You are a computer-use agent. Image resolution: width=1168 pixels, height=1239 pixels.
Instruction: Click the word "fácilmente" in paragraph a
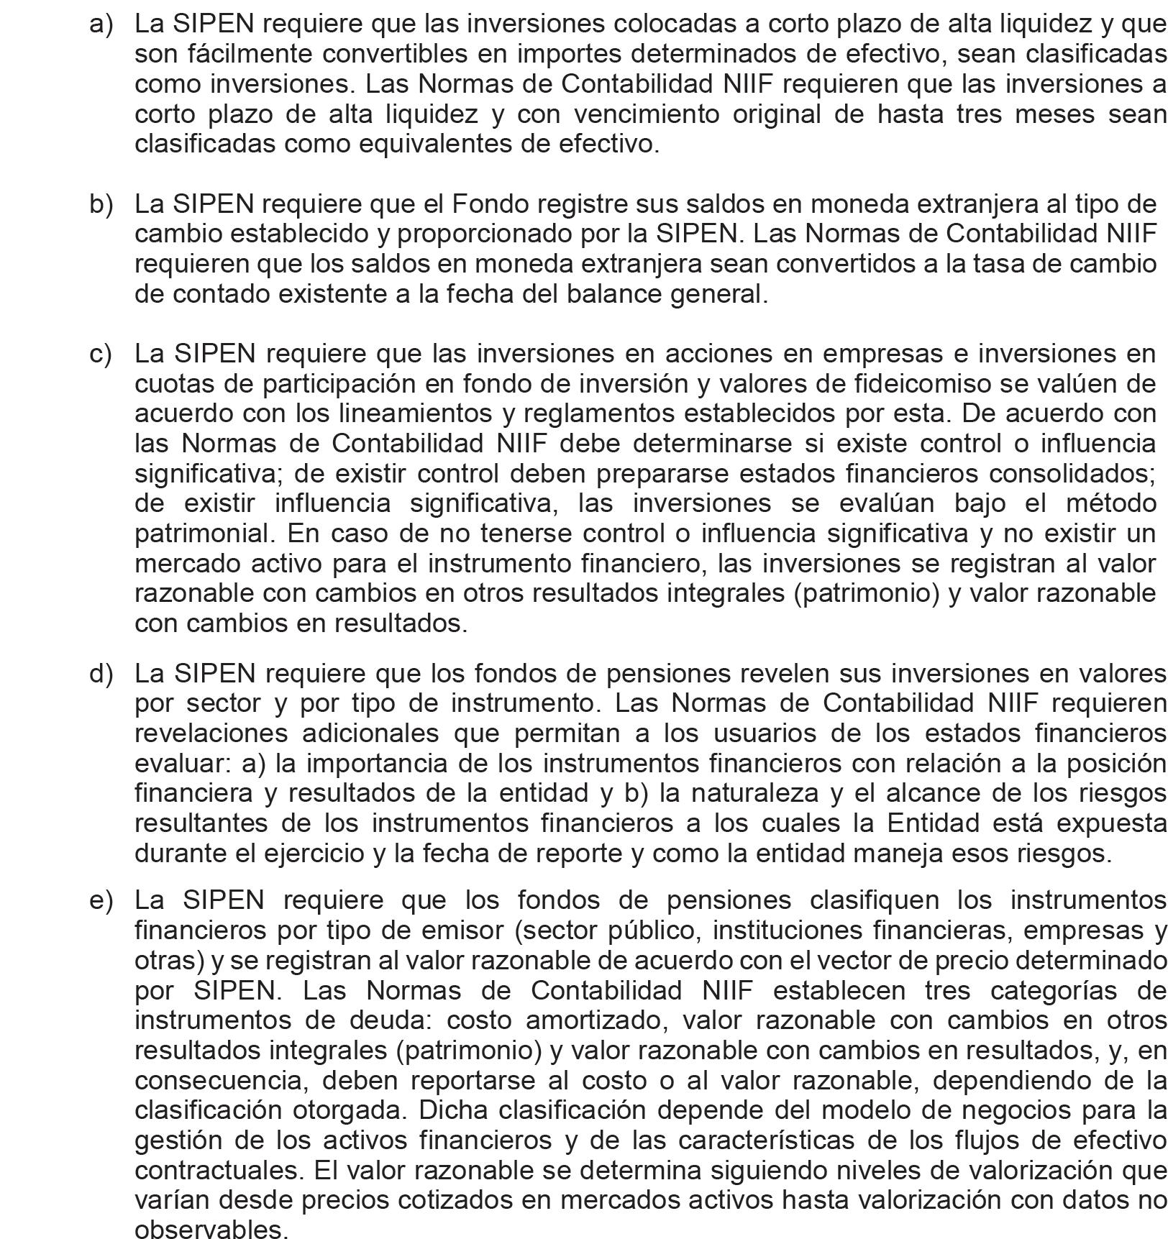tap(224, 54)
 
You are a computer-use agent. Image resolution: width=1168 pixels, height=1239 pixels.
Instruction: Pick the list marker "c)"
tap(101, 354)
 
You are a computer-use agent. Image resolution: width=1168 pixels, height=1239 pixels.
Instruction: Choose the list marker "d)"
tap(101, 673)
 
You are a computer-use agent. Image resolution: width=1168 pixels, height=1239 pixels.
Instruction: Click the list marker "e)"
tap(101, 900)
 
